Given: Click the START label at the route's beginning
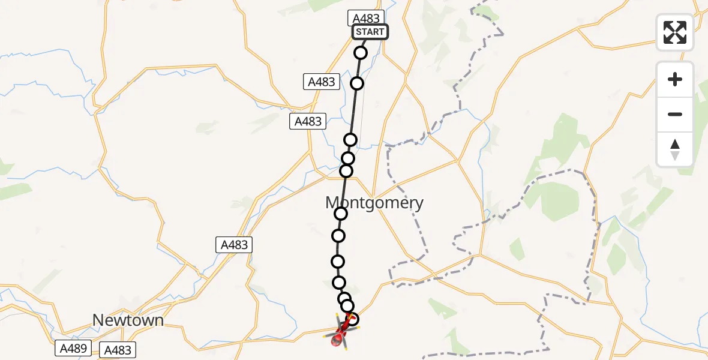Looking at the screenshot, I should pyautogui.click(x=370, y=32).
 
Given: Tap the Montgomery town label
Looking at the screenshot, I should pyautogui.click(x=374, y=203).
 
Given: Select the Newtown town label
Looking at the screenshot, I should pyautogui.click(x=128, y=320).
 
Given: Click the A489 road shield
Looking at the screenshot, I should pyautogui.click(x=74, y=348).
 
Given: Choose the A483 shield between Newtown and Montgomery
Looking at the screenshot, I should pyautogui.click(x=234, y=245).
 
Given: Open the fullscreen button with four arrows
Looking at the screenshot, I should pyautogui.click(x=675, y=32).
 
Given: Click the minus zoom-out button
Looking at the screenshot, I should pyautogui.click(x=675, y=114).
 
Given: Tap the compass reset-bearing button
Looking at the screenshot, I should pyautogui.click(x=675, y=149).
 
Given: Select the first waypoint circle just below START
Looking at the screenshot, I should pyautogui.click(x=361, y=53).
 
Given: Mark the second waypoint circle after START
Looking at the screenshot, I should pyautogui.click(x=357, y=83).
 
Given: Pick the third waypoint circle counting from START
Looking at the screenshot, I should pyautogui.click(x=350, y=140).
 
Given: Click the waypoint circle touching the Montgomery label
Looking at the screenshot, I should pyautogui.click(x=341, y=214).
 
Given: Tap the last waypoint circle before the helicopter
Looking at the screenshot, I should pyautogui.click(x=353, y=319).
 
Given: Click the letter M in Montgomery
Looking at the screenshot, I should pyautogui.click(x=334, y=203).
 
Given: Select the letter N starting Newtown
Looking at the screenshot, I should pyautogui.click(x=98, y=320).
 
